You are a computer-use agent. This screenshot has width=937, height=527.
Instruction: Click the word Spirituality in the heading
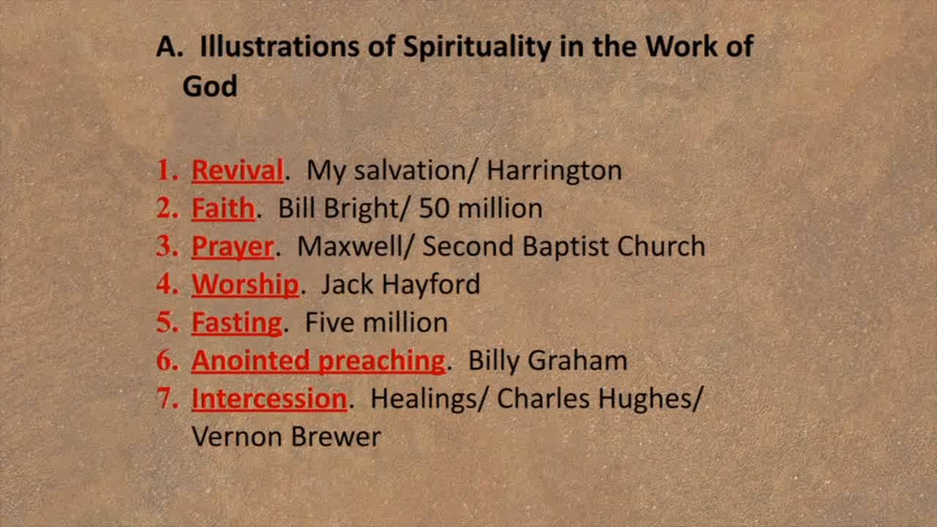(476, 47)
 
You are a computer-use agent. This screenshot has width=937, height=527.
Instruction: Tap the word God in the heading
(210, 86)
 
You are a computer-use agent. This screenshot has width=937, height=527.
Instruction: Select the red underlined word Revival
(238, 171)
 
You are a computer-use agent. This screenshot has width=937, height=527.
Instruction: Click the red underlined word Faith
(223, 209)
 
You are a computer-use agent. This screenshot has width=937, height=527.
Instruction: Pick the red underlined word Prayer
(233, 247)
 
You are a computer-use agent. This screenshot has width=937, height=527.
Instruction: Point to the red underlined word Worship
(245, 284)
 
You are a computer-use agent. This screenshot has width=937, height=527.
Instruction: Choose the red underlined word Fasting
(237, 323)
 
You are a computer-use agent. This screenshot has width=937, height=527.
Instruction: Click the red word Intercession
(269, 399)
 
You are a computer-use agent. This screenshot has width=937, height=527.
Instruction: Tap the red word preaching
(382, 361)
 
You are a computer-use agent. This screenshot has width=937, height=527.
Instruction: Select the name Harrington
(554, 171)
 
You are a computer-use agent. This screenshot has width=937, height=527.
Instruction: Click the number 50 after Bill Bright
(434, 208)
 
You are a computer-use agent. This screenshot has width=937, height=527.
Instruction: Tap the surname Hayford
(431, 284)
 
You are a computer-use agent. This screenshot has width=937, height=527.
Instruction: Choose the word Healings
(424, 399)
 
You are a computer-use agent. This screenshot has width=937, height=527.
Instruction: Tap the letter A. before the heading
(169, 47)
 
